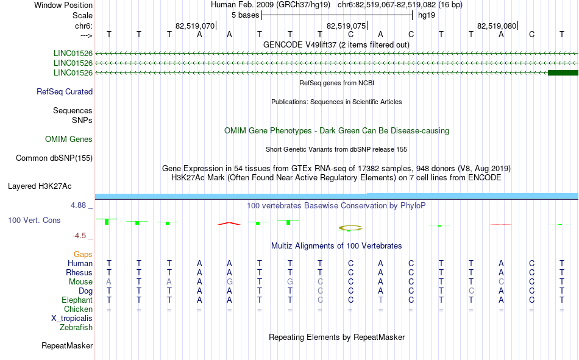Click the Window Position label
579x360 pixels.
[x=63, y=5]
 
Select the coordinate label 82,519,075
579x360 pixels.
[x=346, y=26]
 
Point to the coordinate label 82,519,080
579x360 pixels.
[x=497, y=26]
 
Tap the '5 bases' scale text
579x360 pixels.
[x=245, y=15]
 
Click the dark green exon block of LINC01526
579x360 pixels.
[x=563, y=72]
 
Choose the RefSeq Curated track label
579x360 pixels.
[x=65, y=91]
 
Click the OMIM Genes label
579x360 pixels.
[x=69, y=139]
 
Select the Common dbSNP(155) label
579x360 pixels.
[x=54, y=158]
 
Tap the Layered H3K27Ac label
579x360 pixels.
[x=40, y=186]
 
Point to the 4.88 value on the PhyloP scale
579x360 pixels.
[x=78, y=205]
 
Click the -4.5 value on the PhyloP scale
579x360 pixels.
[x=79, y=236]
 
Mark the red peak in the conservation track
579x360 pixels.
[x=229, y=224]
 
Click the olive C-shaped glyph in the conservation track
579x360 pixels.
[x=350, y=228]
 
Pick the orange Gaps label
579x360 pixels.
[x=83, y=254]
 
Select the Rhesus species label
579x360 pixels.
[x=79, y=272]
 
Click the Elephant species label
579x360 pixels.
[x=77, y=300]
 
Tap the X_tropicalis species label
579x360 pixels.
[x=72, y=319]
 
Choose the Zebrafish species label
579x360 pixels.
[x=76, y=328]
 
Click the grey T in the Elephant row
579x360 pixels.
[x=381, y=300]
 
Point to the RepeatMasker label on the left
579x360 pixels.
[x=67, y=345]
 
